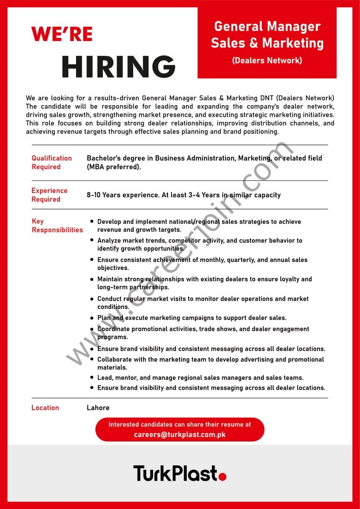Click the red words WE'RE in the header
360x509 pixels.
[x=62, y=34]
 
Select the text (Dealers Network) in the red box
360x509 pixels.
[x=267, y=60]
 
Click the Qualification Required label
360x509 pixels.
[x=51, y=162]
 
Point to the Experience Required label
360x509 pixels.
[x=49, y=195]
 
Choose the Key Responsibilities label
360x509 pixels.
[x=57, y=225]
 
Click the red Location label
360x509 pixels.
[x=45, y=408]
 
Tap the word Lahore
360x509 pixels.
[x=98, y=408]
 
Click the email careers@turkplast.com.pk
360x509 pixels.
[x=180, y=435]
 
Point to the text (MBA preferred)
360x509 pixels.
[x=114, y=167]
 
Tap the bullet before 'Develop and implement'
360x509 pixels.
[x=92, y=222]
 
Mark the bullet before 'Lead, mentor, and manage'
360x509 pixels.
[x=92, y=378]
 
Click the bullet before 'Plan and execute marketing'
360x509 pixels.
[x=92, y=318]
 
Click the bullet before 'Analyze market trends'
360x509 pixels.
[x=92, y=241]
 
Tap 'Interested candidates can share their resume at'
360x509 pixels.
[x=180, y=424]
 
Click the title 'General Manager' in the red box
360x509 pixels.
[x=267, y=27]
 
